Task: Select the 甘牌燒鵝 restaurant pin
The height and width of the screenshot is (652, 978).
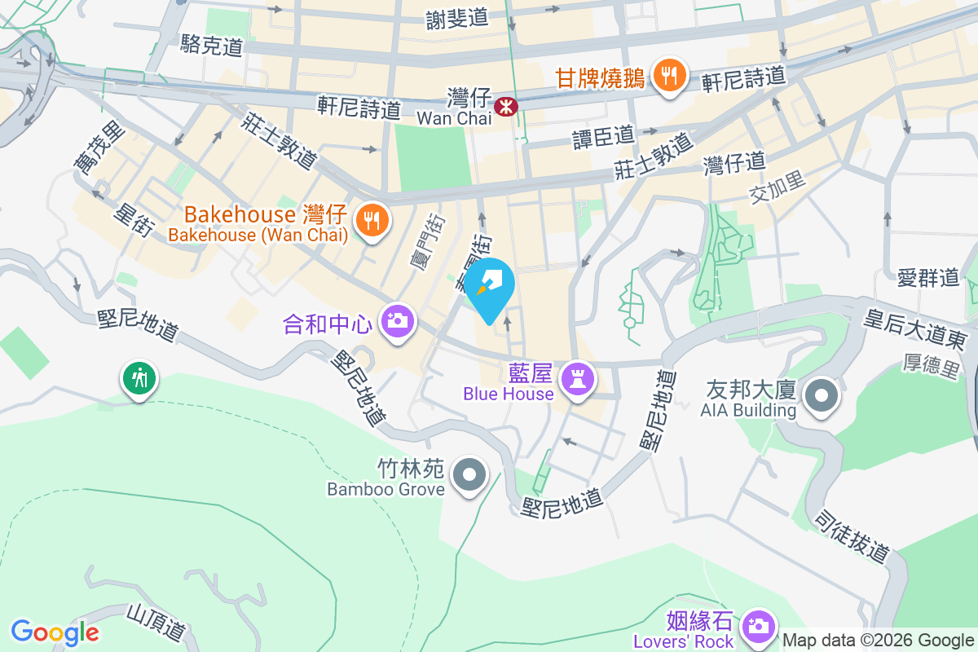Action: click(669, 77)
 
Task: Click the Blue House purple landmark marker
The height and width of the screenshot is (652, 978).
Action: click(578, 379)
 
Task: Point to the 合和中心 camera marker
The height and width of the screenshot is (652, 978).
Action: click(398, 320)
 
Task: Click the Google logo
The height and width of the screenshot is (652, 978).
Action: click(55, 632)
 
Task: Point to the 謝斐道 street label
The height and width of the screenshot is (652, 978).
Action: click(456, 18)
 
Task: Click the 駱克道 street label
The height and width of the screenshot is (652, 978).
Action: click(213, 46)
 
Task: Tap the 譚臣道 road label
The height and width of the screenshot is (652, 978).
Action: click(603, 133)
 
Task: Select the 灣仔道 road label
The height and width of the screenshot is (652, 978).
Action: click(734, 164)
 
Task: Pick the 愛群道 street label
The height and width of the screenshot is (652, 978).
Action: click(927, 277)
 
